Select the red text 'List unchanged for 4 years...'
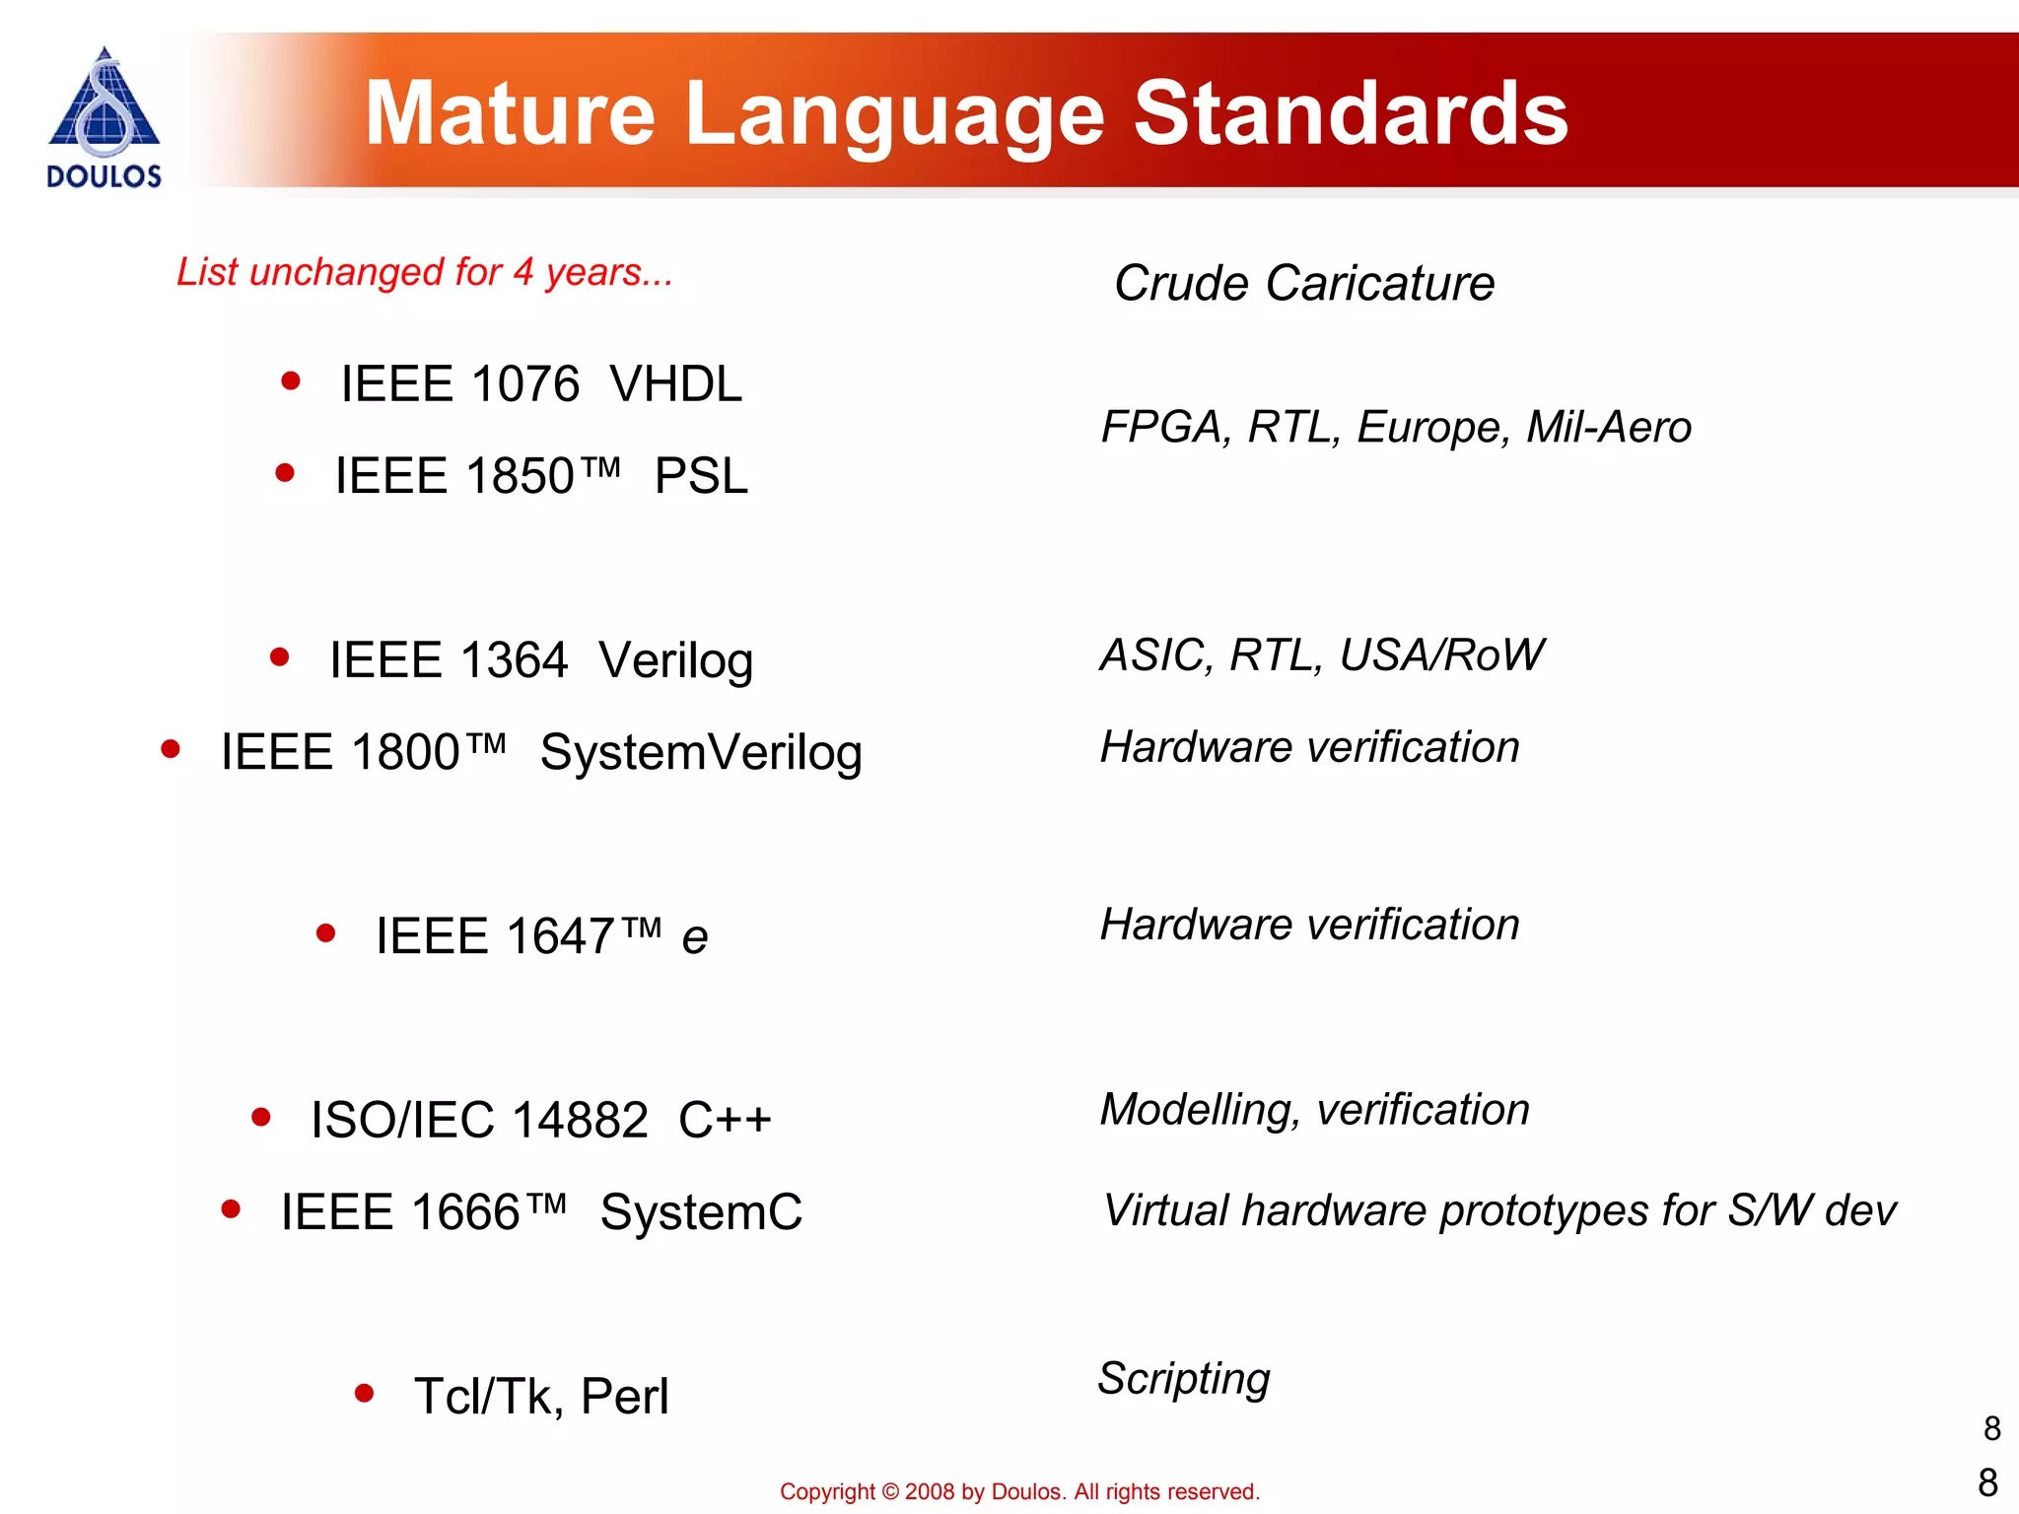pyautogui.click(x=425, y=272)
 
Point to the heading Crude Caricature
pyautogui.click(x=1303, y=284)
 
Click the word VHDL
pyautogui.click(x=675, y=384)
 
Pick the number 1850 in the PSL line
pyautogui.click(x=520, y=477)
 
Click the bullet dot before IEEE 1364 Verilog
pyautogui.click(x=280, y=657)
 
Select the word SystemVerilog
pyautogui.click(x=701, y=753)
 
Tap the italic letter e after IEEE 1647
pyautogui.click(x=694, y=938)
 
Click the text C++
pyautogui.click(x=725, y=1121)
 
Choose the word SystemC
pyautogui.click(x=701, y=1212)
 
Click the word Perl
pyautogui.click(x=625, y=1397)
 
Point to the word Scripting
pyautogui.click(x=1184, y=1379)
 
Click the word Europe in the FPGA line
pyautogui.click(x=1433, y=428)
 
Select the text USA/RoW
pyautogui.click(x=1441, y=655)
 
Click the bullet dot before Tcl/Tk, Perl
pyautogui.click(x=365, y=1394)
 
